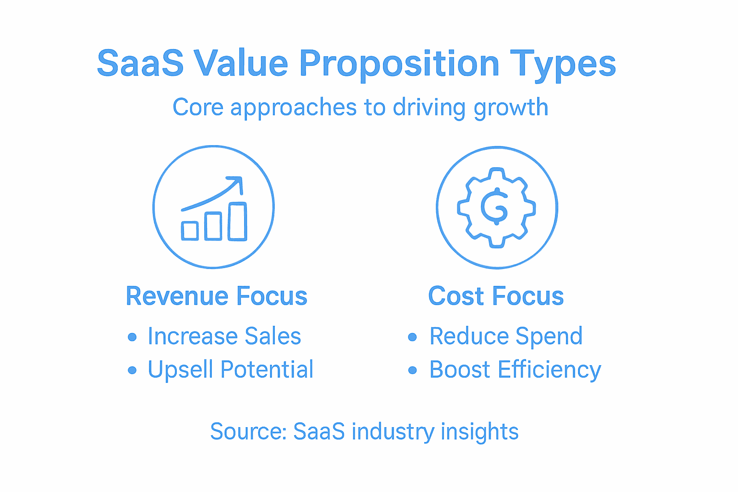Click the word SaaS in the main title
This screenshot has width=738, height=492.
coord(140,63)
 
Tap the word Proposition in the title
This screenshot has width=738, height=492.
coord(399,63)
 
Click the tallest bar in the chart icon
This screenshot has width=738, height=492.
coord(237,221)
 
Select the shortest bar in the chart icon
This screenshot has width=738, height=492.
coord(190,231)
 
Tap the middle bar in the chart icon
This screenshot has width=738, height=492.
coord(213,226)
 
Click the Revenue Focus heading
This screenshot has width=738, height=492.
coord(216,296)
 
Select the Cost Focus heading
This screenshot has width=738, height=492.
coord(496,296)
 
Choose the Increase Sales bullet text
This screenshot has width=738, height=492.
coord(224,336)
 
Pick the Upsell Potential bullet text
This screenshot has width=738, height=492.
coord(231,369)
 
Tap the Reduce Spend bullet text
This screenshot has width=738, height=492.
coord(505,336)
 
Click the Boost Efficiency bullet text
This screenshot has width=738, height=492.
coord(515,370)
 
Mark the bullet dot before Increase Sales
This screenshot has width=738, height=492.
coord(132,337)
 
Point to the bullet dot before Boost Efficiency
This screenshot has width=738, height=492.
coord(412,370)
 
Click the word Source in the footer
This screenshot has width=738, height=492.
coord(248,431)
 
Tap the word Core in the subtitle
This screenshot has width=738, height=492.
coord(198,107)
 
